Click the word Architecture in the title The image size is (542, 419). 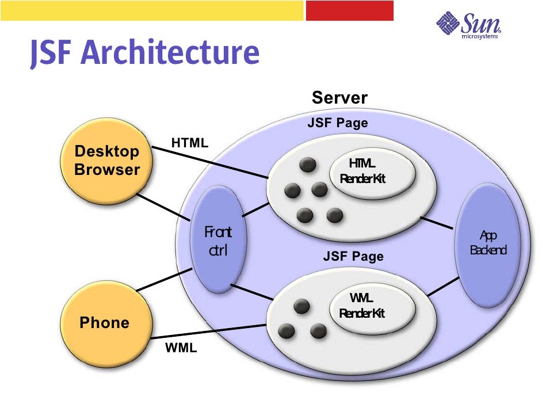(x=170, y=53)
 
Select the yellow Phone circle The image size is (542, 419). (x=105, y=322)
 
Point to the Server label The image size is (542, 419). (x=339, y=98)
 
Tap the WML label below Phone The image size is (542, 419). (x=181, y=348)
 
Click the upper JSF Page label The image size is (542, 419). (x=337, y=123)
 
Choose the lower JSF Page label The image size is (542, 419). (x=353, y=256)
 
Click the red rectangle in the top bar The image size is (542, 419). (x=349, y=10)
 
